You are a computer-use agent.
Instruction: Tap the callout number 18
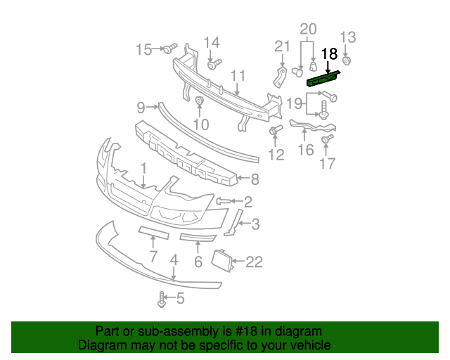tap(329, 53)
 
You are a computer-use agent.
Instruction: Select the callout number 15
tap(143, 49)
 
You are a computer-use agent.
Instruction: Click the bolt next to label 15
tap(169, 49)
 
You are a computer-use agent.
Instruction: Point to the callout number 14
tap(212, 42)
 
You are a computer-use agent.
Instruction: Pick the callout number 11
tap(238, 75)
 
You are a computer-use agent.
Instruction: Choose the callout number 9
tap(141, 108)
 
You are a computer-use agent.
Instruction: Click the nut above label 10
tap(199, 103)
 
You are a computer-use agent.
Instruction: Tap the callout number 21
tap(282, 46)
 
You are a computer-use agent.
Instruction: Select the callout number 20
tap(309, 29)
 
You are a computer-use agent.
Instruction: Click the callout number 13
tap(349, 37)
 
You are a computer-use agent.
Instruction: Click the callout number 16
tap(306, 150)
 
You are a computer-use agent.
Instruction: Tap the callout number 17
tap(328, 165)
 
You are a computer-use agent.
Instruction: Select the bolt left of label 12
tap(274, 131)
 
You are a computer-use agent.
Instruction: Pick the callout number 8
tap(255, 179)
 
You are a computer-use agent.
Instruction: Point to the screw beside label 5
tap(162, 300)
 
